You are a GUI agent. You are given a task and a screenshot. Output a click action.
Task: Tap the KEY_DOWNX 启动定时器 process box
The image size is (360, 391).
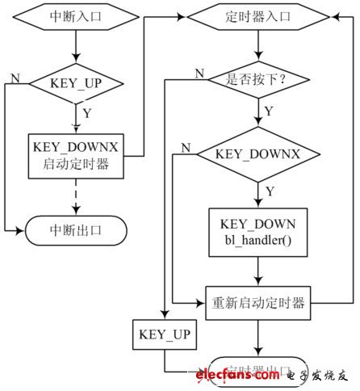75,154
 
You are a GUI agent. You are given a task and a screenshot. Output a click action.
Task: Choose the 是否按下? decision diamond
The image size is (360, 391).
257,81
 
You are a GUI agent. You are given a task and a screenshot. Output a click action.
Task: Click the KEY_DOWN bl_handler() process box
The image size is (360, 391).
257,232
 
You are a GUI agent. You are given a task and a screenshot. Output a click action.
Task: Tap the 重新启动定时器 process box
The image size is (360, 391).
257,303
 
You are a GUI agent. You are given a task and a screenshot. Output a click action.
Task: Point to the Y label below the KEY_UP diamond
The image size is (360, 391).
87,114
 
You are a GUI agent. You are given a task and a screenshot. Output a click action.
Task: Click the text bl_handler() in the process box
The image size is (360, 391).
257,241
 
